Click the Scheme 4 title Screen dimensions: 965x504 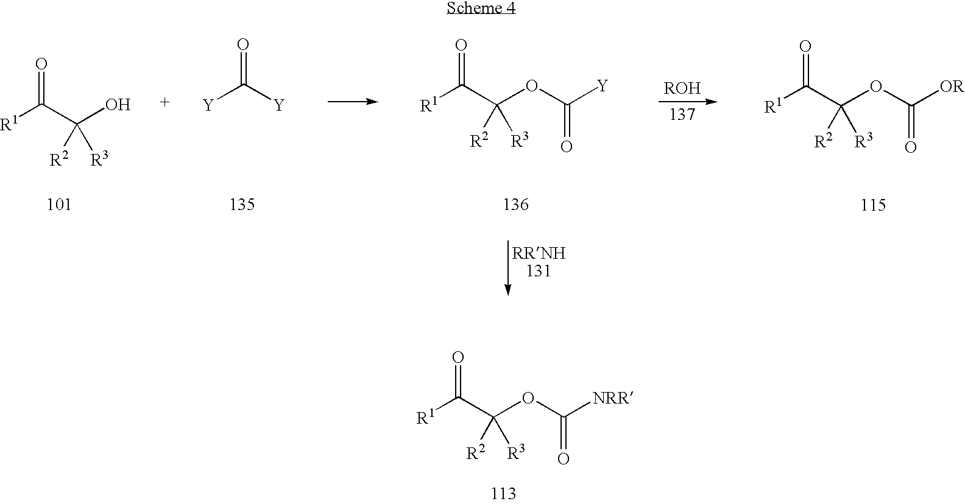tap(481, 8)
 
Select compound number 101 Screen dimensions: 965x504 tap(59, 205)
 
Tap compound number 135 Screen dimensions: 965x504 tap(242, 205)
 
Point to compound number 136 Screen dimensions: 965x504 tap(515, 205)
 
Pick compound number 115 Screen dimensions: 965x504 tap(873, 205)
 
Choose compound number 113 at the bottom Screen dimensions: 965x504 tap(504, 493)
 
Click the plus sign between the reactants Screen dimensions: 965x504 tap(164, 102)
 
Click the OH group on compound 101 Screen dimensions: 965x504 tap(118, 105)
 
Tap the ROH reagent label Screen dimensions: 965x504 tap(682, 88)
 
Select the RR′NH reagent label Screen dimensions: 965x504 tap(539, 253)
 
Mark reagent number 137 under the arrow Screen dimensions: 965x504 tap(682, 114)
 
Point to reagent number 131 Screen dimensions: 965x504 tap(539, 271)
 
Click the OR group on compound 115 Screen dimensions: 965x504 tap(952, 87)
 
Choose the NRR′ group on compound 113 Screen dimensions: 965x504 tap(612, 398)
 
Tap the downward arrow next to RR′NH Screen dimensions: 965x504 tap(508, 268)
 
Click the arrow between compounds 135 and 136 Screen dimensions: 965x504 tap(353, 102)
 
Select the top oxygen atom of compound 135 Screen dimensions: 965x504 tap(243, 44)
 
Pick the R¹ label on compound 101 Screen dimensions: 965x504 tap(10, 124)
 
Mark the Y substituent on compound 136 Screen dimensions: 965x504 tap(603, 86)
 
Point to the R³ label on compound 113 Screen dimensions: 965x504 tap(515, 452)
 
